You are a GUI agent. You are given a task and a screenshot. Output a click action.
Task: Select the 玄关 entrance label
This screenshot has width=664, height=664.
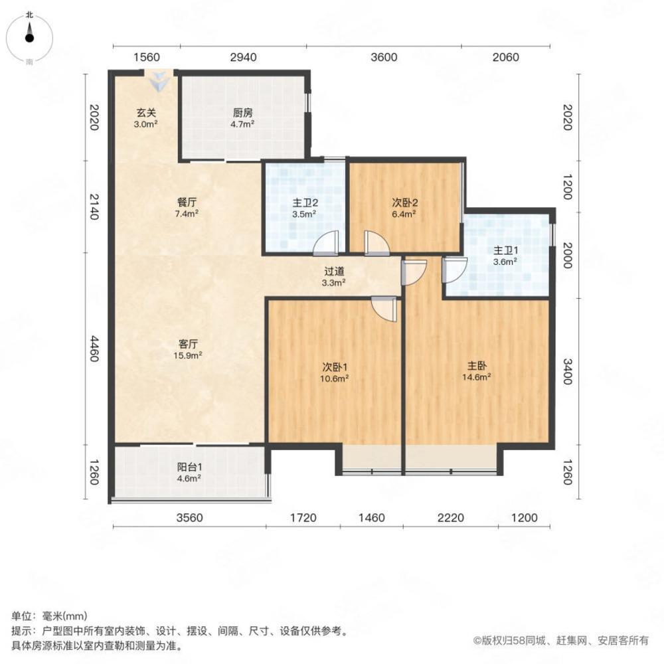point(147,113)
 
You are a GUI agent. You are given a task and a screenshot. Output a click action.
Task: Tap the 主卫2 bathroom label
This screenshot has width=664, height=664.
point(303,203)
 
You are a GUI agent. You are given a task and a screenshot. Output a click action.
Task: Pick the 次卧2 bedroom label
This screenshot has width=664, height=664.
point(403,203)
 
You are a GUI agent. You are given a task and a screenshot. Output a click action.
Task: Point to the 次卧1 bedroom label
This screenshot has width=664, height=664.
point(336,367)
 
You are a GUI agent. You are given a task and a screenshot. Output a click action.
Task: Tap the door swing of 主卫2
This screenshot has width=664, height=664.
point(327,242)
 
